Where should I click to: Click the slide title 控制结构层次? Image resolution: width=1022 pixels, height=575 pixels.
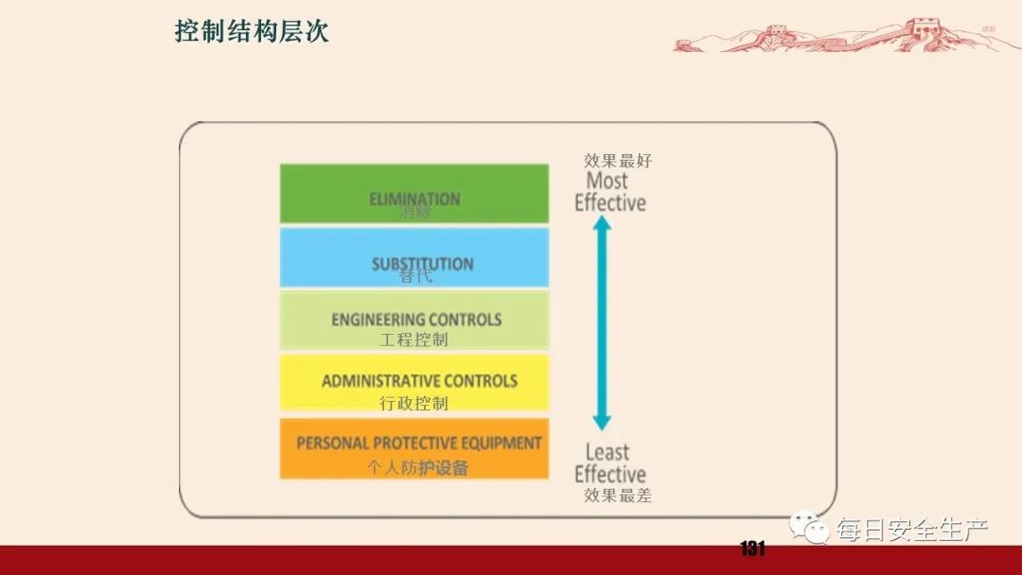[x=252, y=31]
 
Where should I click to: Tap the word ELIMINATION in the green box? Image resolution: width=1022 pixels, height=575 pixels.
[x=414, y=199]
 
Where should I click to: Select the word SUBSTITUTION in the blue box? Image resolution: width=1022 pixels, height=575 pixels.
[x=422, y=264]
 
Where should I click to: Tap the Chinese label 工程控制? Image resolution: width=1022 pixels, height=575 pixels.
[x=414, y=340]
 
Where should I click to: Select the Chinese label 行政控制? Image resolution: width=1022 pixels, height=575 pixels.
[x=414, y=403]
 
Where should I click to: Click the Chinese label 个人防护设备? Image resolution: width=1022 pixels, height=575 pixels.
[x=417, y=467]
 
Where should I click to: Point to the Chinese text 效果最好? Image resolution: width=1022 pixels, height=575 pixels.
[x=618, y=161]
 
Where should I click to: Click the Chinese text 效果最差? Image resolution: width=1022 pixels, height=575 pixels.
[x=618, y=495]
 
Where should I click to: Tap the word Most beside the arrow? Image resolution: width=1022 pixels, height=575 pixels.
[x=607, y=181]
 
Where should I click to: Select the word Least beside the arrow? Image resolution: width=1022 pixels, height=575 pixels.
[x=607, y=453]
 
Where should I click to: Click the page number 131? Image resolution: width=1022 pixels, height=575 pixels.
[x=752, y=549]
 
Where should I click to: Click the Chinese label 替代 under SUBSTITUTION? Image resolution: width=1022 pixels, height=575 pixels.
[x=414, y=277]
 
